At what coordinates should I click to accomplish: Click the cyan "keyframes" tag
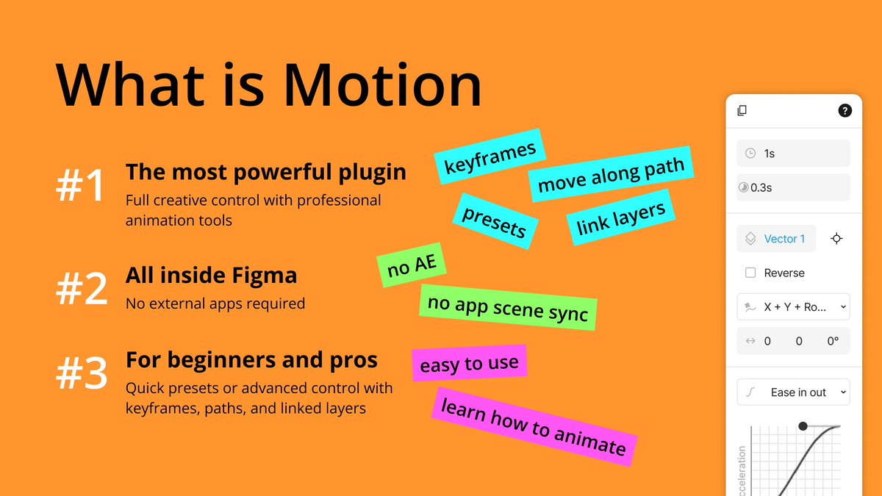click(x=490, y=157)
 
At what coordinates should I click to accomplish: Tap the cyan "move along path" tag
click(x=611, y=174)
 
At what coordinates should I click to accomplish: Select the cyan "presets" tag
click(x=494, y=220)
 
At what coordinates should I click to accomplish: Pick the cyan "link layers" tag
click(x=620, y=218)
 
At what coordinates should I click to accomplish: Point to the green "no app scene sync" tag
click(x=508, y=307)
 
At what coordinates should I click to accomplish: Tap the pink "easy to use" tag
click(x=469, y=363)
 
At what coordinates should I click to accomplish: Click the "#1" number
click(x=81, y=187)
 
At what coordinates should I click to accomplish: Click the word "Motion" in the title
click(x=383, y=86)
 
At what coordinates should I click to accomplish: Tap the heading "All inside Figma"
click(x=211, y=276)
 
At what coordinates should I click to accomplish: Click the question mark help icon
click(x=845, y=111)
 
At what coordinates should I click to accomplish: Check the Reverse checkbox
click(x=750, y=273)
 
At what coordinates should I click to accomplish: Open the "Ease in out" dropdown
click(x=793, y=392)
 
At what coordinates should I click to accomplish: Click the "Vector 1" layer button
click(x=776, y=239)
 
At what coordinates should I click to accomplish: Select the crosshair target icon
click(x=836, y=239)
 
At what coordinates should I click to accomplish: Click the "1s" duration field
click(x=793, y=154)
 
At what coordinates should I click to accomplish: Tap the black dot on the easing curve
click(x=803, y=426)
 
